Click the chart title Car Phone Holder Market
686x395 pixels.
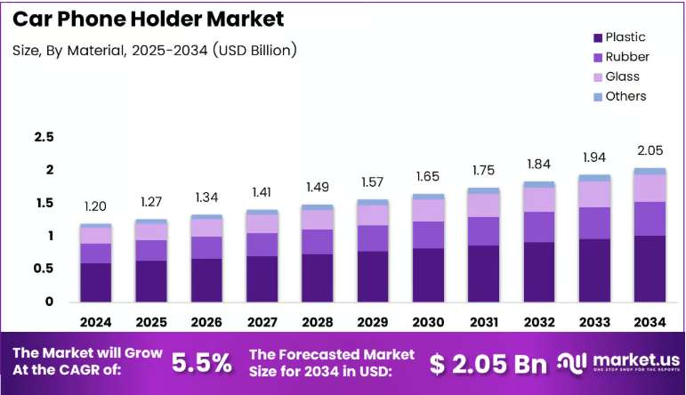149,19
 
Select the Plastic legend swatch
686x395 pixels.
598,38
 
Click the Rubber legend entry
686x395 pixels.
621,57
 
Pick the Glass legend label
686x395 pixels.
622,77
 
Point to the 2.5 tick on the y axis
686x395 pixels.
44,137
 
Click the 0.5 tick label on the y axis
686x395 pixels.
44,268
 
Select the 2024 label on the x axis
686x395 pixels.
96,322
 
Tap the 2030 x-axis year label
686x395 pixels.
428,322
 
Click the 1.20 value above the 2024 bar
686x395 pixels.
95,206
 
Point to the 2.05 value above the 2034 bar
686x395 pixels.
650,150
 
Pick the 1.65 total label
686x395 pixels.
427,176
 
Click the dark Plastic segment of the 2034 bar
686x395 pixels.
650,269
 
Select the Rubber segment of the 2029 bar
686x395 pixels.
373,238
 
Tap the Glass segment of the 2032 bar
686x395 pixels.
539,200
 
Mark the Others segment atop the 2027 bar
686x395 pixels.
262,212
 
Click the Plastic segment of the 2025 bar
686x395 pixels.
151,281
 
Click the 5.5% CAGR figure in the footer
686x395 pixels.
202,363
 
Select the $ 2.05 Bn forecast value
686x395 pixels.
488,364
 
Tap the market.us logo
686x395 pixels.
618,363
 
